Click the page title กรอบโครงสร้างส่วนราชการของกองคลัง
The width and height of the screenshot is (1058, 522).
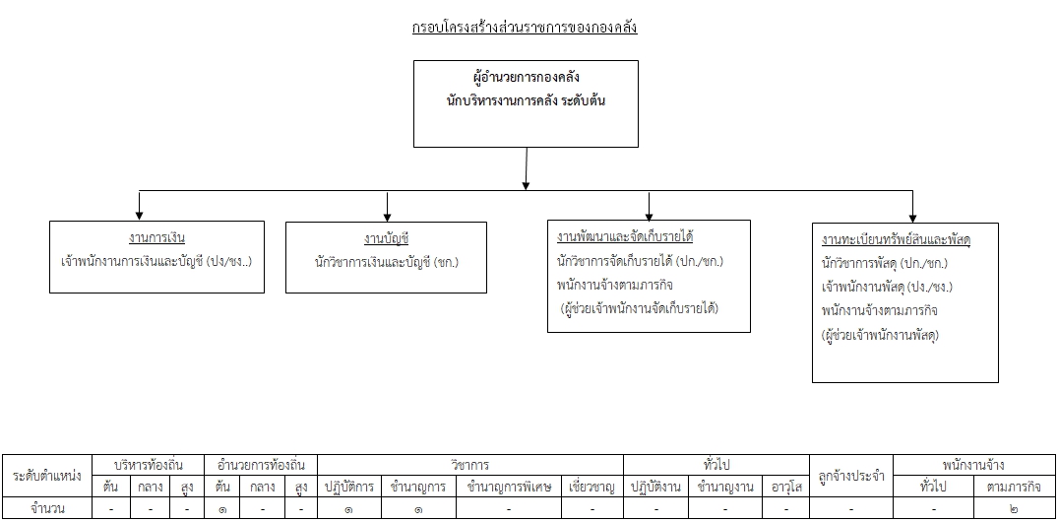coord(525,28)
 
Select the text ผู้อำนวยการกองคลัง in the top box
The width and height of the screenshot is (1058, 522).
coord(527,76)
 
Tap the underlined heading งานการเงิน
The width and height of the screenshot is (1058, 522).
coord(156,237)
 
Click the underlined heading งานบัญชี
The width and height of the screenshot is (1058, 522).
coord(386,238)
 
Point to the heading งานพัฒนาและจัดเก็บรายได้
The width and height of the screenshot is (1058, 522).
coord(626,237)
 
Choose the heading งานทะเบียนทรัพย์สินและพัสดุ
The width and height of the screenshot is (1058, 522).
coord(896,239)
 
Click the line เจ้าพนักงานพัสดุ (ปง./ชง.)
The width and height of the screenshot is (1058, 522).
coord(887,287)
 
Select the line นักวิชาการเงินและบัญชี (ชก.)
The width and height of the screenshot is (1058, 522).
coord(386,262)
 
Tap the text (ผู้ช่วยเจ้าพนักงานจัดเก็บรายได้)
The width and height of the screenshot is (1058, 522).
coord(640,308)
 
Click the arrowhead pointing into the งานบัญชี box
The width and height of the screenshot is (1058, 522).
coord(387,217)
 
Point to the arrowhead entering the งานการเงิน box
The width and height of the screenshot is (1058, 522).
coord(139,216)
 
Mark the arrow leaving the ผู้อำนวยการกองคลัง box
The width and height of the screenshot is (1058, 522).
coord(526,168)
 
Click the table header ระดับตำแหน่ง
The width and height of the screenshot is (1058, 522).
coord(47,476)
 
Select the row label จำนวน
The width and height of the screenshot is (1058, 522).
coord(47,508)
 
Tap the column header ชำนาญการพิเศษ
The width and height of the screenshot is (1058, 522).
coord(508,487)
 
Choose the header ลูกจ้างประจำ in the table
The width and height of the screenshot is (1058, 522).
coord(851,476)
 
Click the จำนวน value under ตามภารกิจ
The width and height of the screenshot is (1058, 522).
coord(1014,509)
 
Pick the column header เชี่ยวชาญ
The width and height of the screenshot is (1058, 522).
coord(591,487)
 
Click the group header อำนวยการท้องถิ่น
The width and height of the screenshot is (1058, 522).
coord(261,465)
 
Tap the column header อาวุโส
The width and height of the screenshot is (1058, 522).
coord(786,487)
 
